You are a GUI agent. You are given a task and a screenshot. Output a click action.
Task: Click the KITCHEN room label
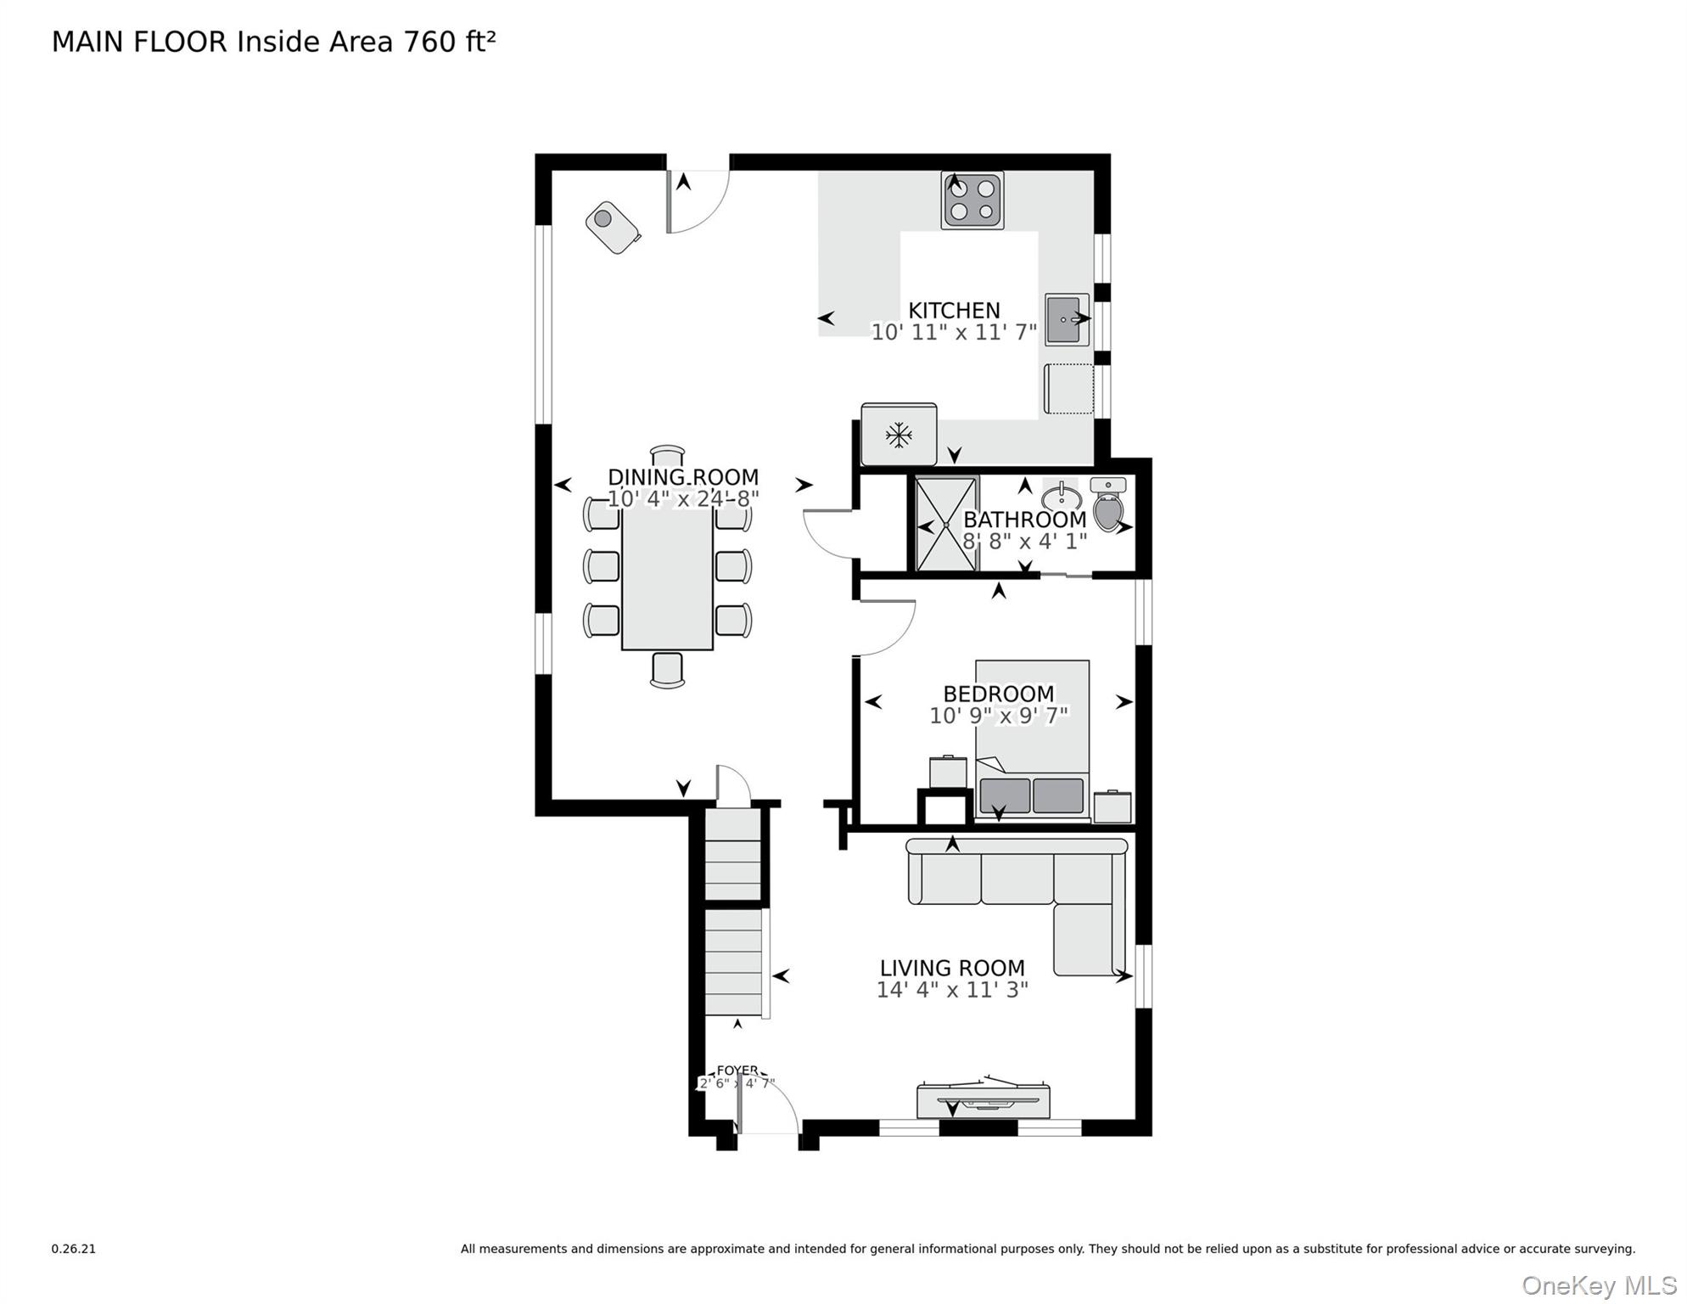click(x=954, y=310)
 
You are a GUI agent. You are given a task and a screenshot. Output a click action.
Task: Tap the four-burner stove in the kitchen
click(x=972, y=200)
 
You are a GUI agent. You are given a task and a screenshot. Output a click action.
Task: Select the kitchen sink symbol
click(x=1066, y=319)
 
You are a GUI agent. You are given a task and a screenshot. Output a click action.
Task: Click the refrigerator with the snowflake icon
click(x=899, y=435)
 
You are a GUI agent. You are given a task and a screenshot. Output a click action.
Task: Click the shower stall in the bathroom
click(x=945, y=525)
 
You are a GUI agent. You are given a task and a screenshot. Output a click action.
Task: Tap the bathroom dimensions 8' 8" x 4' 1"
click(x=1024, y=542)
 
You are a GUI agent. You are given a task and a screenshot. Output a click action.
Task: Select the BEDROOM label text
click(x=998, y=694)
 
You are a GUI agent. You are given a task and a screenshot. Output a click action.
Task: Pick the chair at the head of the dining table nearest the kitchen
click(x=667, y=455)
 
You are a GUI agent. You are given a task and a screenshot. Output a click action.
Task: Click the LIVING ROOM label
click(x=951, y=968)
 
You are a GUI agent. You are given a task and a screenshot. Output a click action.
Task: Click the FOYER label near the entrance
click(x=737, y=1071)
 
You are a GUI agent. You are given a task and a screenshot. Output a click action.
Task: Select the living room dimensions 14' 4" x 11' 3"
click(x=951, y=990)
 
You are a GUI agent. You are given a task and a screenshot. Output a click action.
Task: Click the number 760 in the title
click(x=429, y=42)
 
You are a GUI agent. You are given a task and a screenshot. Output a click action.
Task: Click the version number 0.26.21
click(x=74, y=1249)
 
